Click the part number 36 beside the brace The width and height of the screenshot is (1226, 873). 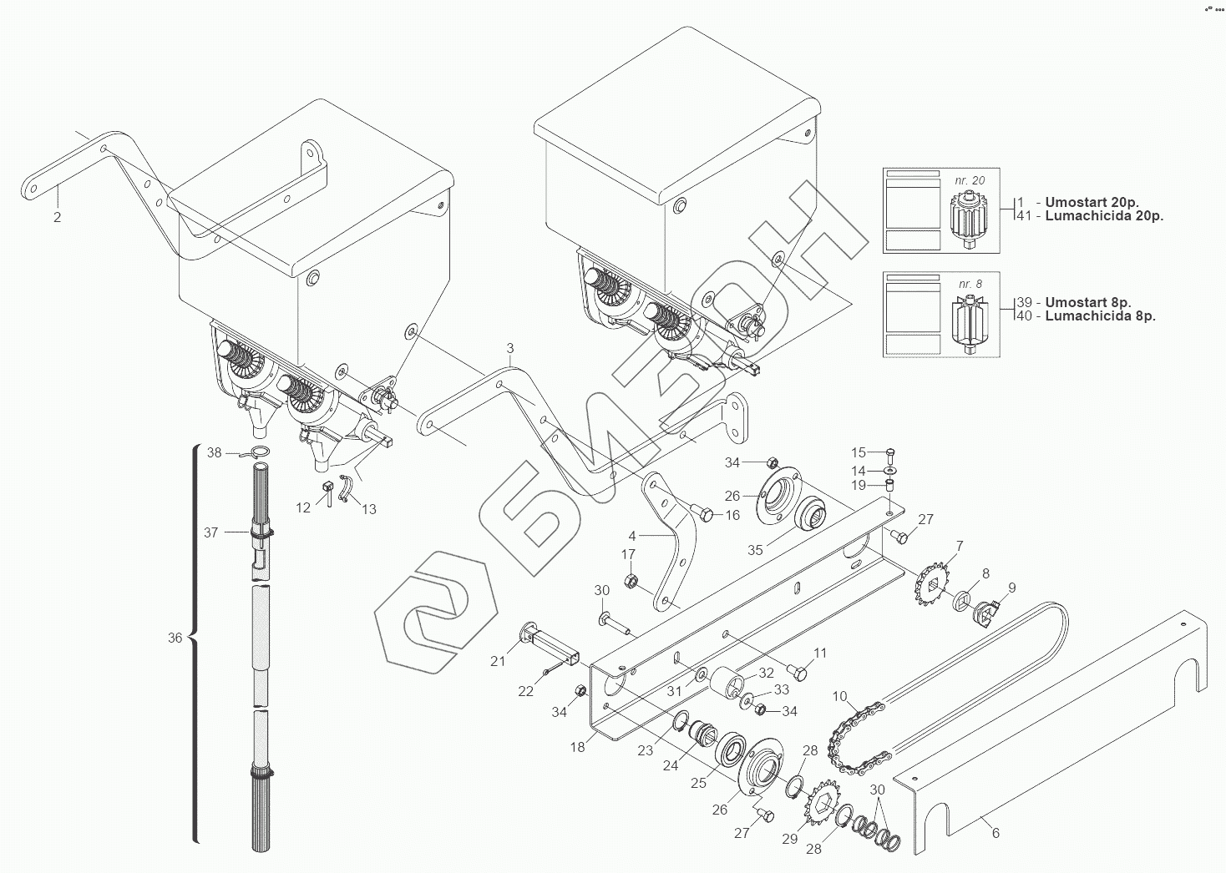175,638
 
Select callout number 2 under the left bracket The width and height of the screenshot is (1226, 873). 57,218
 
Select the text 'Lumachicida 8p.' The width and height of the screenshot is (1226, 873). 1100,316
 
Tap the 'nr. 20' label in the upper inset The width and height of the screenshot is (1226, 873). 970,180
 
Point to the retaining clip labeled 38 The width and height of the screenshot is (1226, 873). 260,454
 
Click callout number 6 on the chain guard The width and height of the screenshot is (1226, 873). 995,833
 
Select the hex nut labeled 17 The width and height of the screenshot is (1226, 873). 632,581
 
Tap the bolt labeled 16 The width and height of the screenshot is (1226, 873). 702,514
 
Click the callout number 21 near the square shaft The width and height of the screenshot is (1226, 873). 499,662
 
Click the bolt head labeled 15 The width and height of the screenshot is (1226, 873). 889,453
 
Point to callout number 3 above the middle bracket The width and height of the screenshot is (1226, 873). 510,347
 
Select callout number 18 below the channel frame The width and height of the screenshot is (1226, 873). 578,748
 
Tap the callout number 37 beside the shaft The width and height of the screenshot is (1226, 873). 210,532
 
